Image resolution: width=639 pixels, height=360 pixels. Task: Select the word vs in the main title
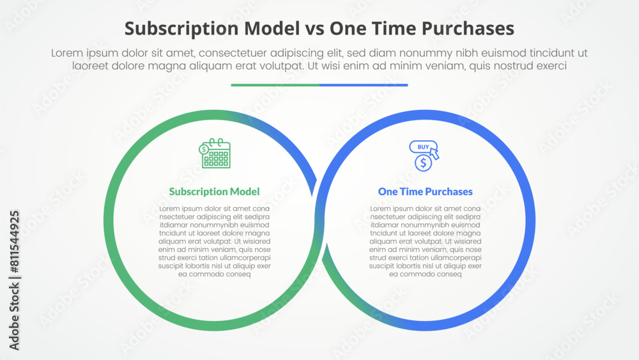pos(314,29)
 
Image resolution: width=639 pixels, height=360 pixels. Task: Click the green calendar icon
pos(215,153)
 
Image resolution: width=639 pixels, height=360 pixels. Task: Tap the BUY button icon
pos(423,147)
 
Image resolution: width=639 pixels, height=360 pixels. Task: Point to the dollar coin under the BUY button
pos(423,163)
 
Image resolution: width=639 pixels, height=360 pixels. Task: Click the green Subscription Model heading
pos(214,192)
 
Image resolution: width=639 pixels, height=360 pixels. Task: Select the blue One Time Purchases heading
pos(425,192)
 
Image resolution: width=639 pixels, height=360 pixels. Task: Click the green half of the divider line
pos(275,85)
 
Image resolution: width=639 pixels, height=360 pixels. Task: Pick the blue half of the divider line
pos(364,85)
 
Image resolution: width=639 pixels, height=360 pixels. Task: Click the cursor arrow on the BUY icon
pos(435,153)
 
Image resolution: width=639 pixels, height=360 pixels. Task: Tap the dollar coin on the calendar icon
pos(204,149)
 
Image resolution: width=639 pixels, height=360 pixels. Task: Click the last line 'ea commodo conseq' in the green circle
pos(214,274)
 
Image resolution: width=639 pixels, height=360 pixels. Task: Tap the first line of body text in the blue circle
pos(425,208)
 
